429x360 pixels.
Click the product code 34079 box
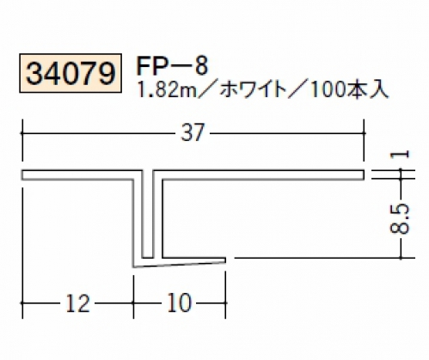tap(70, 73)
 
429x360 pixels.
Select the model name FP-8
tap(172, 66)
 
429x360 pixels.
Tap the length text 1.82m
tap(167, 90)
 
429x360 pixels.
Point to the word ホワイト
tap(254, 90)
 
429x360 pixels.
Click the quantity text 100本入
tap(349, 90)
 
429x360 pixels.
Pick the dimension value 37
tap(193, 132)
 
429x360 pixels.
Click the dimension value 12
tap(78, 303)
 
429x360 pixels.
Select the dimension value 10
tap(179, 303)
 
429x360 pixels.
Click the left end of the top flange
tap(21, 175)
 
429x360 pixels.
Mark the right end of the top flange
tap(364, 175)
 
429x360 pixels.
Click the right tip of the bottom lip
tap(225, 259)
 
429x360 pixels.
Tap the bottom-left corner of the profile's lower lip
tap(133, 267)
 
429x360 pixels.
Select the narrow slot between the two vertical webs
tap(148, 214)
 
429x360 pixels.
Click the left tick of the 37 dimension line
tap(22, 133)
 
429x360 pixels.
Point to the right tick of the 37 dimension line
tap(364, 133)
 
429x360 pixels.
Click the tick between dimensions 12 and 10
tap(133, 302)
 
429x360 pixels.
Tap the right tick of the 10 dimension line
tap(225, 302)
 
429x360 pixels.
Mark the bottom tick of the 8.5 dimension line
tap(401, 258)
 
